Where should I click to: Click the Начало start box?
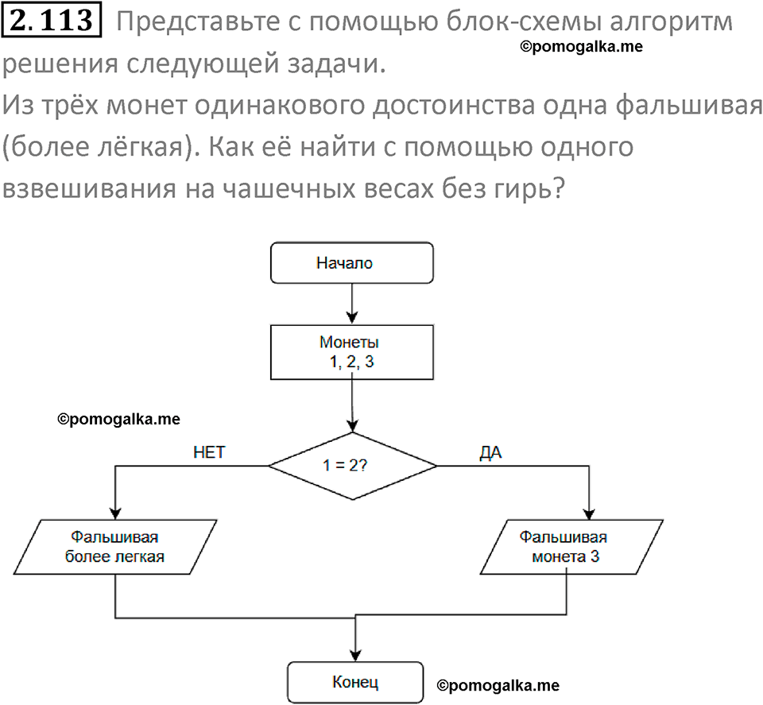pos(351,263)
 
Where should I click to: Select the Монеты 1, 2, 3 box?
pos(351,352)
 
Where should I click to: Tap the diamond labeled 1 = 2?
pos(351,466)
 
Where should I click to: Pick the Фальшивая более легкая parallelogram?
pos(117,546)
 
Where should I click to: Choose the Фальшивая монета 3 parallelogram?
pos(571,546)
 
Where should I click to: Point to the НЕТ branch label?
pos(209,452)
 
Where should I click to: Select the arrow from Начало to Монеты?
pos(351,303)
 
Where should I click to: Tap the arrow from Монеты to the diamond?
pos(351,405)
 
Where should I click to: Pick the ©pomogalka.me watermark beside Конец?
pos(498,685)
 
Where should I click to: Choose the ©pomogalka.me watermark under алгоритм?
pos(582,47)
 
